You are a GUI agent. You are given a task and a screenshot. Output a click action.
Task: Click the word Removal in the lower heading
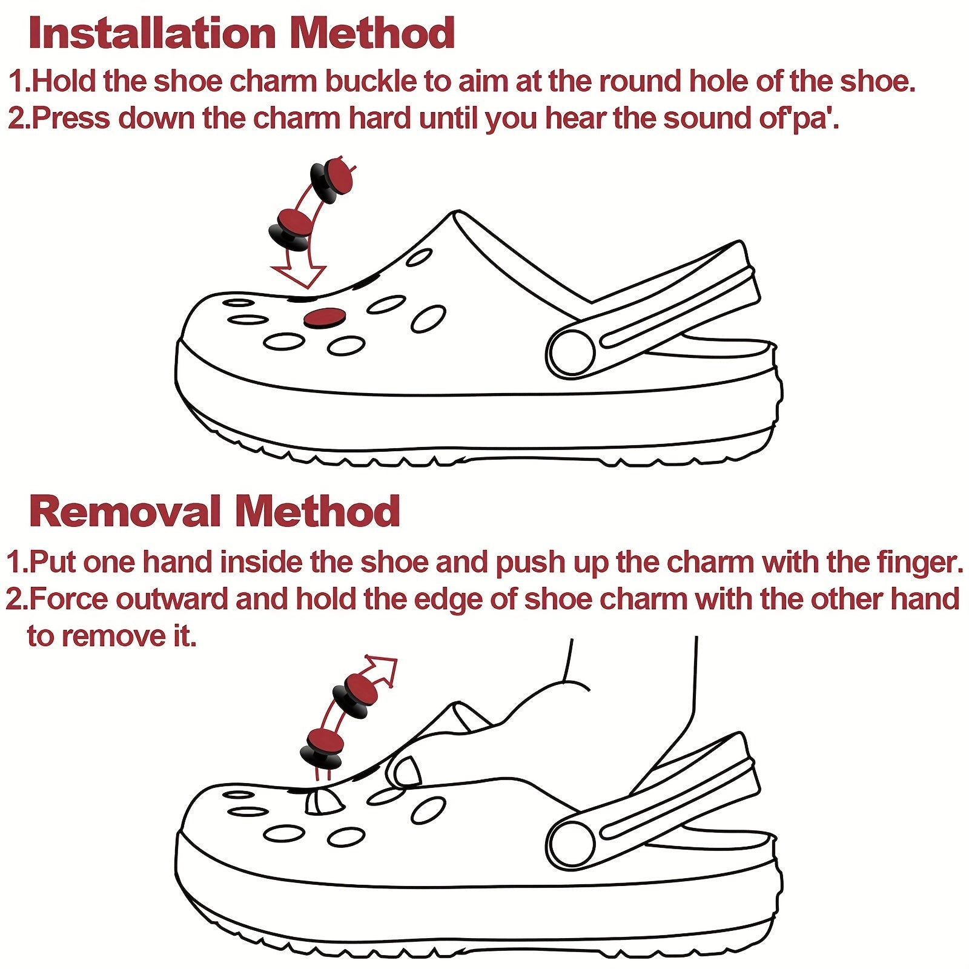pos(124,511)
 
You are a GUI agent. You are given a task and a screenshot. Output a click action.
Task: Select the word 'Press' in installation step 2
pos(71,117)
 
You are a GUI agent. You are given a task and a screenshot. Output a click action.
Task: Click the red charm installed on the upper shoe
pos(325,318)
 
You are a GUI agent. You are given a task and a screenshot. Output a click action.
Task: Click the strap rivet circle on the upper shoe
pos(571,353)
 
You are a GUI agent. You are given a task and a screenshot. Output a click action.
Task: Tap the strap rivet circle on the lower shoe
pos(571,844)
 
